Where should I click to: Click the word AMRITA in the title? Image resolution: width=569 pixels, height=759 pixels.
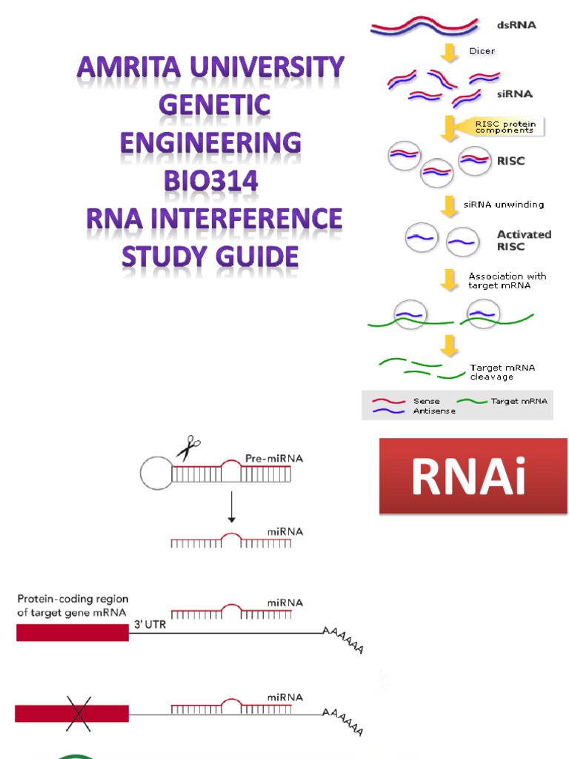(129, 68)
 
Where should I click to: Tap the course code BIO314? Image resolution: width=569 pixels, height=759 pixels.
(210, 180)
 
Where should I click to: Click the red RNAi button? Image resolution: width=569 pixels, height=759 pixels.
(473, 477)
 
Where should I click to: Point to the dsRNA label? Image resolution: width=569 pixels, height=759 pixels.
(516, 24)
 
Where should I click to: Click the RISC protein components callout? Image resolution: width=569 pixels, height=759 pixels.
(505, 127)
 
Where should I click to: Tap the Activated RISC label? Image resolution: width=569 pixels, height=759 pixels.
(524, 239)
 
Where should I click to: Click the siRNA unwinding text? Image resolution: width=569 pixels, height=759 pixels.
(504, 205)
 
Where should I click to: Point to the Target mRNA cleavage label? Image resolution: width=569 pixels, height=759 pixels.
(502, 372)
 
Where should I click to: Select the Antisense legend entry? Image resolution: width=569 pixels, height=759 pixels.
(434, 411)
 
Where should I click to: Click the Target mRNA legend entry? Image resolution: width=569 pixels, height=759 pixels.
(519, 401)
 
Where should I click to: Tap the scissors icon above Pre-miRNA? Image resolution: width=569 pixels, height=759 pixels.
(188, 448)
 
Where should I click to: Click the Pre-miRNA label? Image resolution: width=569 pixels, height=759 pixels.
(273, 459)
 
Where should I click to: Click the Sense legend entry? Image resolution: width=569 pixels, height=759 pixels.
(426, 401)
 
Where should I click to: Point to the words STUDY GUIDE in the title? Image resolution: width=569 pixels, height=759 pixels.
(210, 256)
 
